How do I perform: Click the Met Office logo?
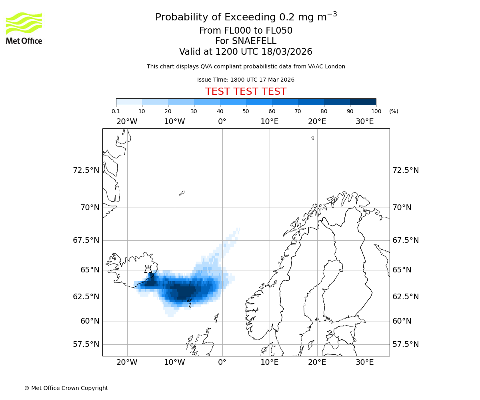[24, 28]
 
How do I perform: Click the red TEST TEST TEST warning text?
[246, 92]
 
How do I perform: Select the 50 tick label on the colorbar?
[246, 111]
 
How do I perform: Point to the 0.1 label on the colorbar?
[116, 111]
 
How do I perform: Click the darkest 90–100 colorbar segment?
[363, 102]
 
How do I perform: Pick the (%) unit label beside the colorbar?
[394, 111]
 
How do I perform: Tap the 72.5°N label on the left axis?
[86, 170]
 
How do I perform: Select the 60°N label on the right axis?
[402, 321]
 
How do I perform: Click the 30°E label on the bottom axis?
[364, 362]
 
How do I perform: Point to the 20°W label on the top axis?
[127, 122]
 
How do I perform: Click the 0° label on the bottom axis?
[222, 362]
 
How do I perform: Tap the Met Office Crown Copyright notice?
[66, 388]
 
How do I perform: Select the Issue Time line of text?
[246, 80]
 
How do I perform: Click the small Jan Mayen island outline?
[182, 193]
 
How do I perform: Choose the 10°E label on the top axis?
[269, 122]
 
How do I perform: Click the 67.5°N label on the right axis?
[406, 240]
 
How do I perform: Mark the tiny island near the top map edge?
[313, 138]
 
